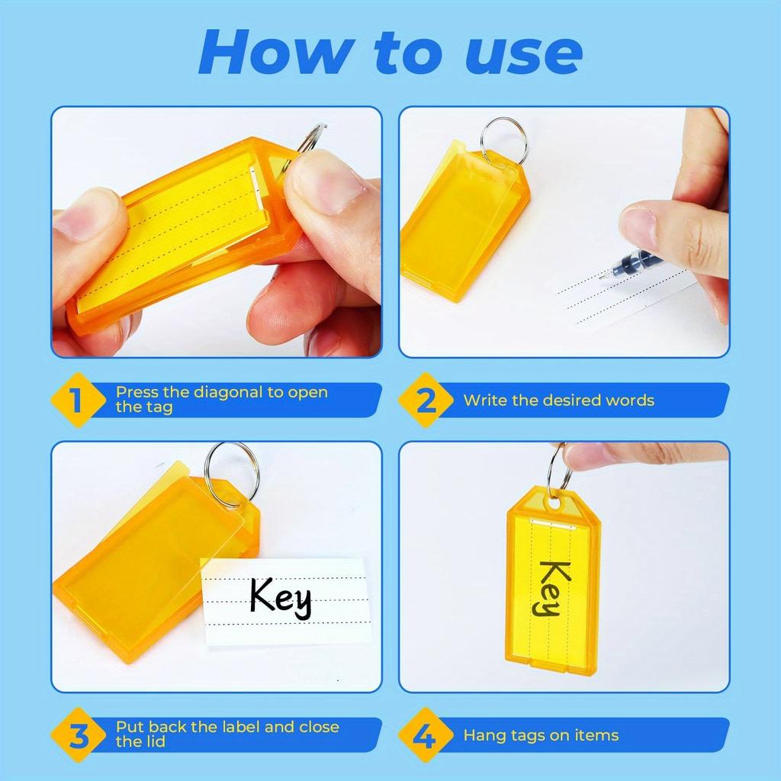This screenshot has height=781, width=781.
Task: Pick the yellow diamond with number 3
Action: pos(77,735)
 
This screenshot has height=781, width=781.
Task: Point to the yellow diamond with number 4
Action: pos(426,735)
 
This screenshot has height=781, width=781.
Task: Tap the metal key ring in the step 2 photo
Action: pos(503,138)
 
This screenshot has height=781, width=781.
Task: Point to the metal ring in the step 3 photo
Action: pos(232,473)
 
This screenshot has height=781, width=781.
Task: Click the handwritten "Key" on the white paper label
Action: pos(281,596)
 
